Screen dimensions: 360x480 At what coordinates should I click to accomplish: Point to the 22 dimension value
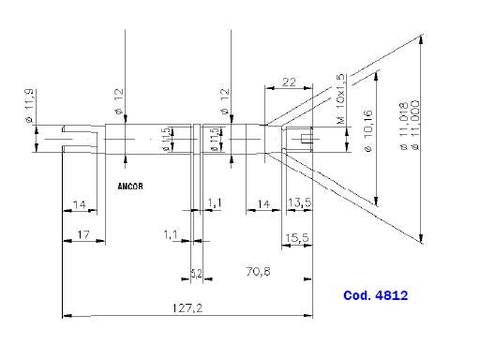click(289, 82)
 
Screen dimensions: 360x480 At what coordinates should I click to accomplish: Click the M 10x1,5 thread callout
click(340, 100)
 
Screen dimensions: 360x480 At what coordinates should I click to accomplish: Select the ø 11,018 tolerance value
click(404, 129)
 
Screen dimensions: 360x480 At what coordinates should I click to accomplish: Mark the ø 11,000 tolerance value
click(414, 129)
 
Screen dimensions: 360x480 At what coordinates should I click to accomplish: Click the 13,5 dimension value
click(299, 202)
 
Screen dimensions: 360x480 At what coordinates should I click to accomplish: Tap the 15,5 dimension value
click(299, 239)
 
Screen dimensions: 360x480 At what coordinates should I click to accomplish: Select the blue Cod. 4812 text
click(375, 294)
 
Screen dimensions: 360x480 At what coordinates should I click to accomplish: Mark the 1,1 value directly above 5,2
click(171, 232)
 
